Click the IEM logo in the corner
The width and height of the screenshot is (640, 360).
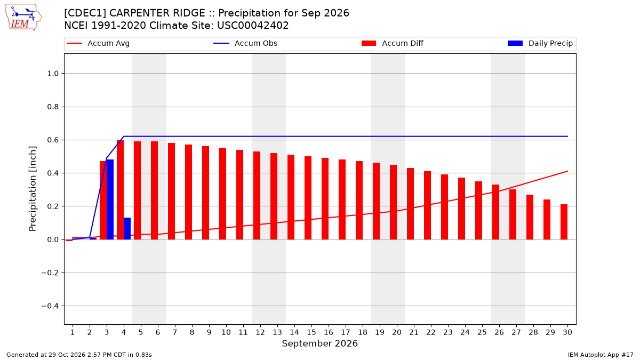(23, 18)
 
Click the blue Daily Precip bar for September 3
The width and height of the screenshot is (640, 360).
(110, 199)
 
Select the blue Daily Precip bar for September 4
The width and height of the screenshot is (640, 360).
(127, 229)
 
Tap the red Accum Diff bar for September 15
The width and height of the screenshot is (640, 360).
(308, 198)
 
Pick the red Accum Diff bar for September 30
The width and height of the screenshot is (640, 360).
(564, 222)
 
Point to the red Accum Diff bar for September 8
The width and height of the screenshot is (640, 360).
(189, 192)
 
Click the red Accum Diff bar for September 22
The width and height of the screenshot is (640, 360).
(427, 205)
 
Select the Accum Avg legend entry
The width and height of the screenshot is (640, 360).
(98, 43)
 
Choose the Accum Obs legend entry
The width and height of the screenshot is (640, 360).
(245, 43)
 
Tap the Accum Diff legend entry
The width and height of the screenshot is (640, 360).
(393, 43)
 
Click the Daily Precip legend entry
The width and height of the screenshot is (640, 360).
(540, 43)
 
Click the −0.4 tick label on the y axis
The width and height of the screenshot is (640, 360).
(50, 306)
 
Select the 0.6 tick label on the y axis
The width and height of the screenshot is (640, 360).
(53, 140)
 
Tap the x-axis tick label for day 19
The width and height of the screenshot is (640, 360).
(380, 332)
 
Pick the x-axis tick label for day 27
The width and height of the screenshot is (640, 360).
(516, 332)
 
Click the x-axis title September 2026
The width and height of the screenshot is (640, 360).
(319, 343)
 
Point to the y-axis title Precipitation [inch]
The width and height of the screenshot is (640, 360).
(33, 189)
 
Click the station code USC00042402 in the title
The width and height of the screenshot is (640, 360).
(253, 26)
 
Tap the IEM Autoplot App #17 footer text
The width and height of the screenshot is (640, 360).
(601, 355)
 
